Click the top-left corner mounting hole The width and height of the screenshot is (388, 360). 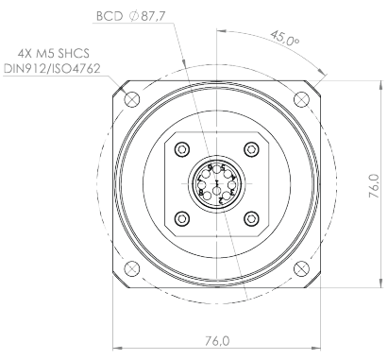130,98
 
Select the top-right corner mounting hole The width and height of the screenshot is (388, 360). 302,98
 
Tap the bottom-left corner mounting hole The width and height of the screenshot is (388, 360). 130,270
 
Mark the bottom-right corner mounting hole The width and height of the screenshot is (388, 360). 302,270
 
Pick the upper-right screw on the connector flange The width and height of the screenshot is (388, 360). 251,149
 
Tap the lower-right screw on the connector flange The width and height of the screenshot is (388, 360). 251,218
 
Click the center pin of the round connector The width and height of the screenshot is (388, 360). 217,183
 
